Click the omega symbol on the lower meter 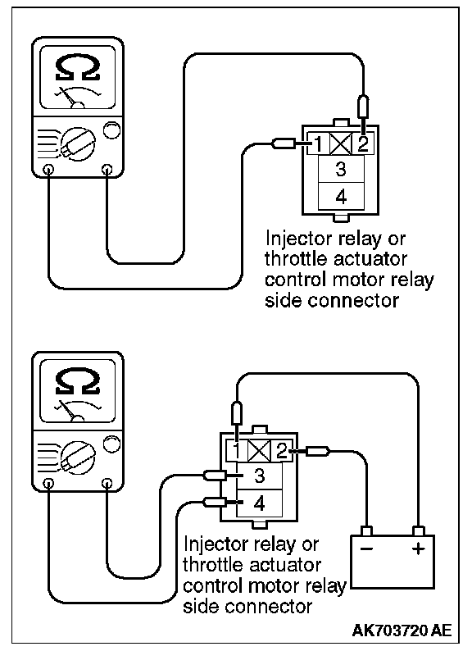[x=78, y=382]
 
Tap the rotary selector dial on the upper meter [x=78, y=144]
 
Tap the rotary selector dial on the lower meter [x=78, y=458]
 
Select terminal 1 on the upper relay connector [x=319, y=144]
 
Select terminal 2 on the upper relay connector [x=363, y=144]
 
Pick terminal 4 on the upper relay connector [x=341, y=196]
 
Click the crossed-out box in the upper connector [x=341, y=144]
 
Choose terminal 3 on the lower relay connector [x=260, y=476]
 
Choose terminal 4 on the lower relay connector [x=260, y=503]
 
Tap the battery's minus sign [x=366, y=549]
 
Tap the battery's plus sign [x=419, y=549]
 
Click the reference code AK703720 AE [x=402, y=631]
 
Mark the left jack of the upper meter [x=49, y=170]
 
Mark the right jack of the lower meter [x=107, y=483]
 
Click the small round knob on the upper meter [x=111, y=130]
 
